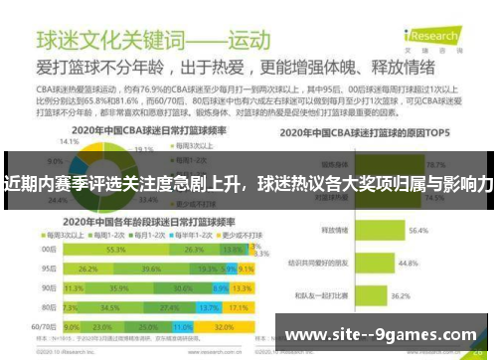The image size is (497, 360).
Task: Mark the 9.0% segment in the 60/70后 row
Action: pyautogui.click(x=72, y=325)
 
